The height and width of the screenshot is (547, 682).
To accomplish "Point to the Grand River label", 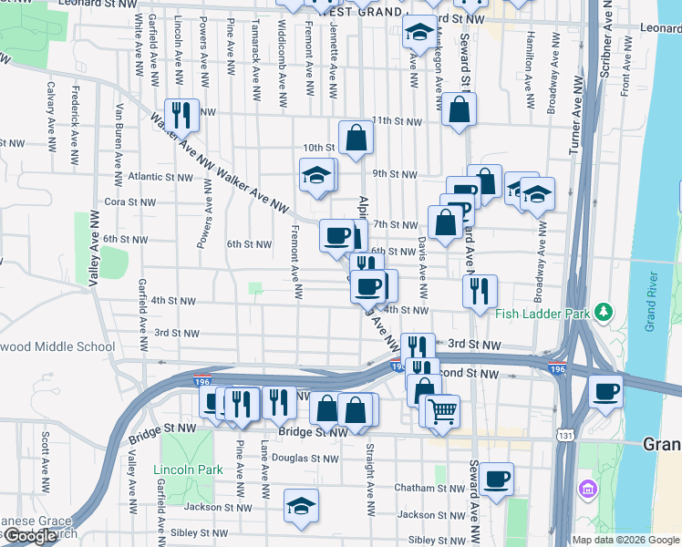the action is click(x=651, y=302).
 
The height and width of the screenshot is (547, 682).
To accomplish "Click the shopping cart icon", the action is click(x=442, y=411).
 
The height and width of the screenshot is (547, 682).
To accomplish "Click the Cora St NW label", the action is click(x=127, y=202).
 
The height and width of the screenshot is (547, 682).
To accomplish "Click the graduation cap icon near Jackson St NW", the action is click(x=301, y=506).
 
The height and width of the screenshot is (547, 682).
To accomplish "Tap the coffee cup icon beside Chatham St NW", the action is click(x=496, y=479).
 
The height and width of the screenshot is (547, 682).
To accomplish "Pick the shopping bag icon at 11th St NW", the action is click(x=459, y=110).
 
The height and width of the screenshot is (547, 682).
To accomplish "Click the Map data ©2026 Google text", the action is click(x=625, y=540).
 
